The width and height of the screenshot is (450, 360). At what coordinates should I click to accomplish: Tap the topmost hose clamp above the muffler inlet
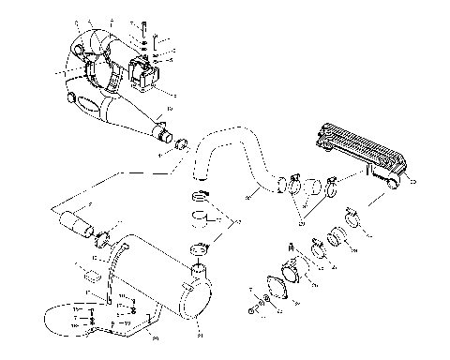tap(198, 197)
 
